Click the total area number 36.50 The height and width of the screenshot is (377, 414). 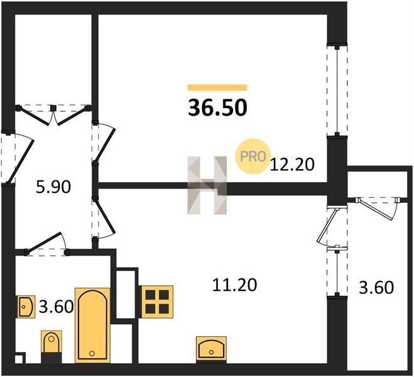217,108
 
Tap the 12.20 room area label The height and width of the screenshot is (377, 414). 292,165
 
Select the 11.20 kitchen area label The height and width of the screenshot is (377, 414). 234,285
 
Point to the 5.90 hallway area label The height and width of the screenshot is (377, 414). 53,187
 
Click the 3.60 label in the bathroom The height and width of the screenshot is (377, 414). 57,307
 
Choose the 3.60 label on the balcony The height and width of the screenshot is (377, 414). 376,288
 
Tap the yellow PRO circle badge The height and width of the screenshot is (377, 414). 253,156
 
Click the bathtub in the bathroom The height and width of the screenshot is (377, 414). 92,325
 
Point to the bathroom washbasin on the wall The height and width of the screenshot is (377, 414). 26,307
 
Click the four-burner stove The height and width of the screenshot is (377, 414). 157,302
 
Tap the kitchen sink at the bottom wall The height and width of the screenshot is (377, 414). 211,348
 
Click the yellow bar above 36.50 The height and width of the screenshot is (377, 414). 217,87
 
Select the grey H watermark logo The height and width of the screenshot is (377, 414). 207,185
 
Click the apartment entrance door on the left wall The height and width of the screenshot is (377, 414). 19,158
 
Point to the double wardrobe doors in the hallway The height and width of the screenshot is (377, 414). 53,114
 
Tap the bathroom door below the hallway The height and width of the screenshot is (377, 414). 46,244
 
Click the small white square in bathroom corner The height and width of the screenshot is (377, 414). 19,359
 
